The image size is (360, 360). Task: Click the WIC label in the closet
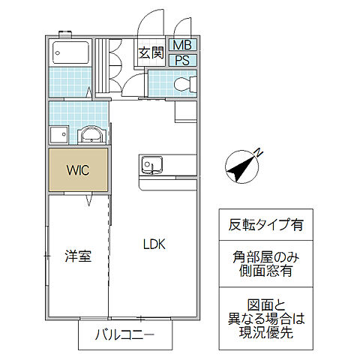[x=78, y=170]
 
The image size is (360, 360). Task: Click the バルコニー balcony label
[x=124, y=335]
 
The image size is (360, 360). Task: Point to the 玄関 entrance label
[x=150, y=52]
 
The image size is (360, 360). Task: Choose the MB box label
[x=181, y=46]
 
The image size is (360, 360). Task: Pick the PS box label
[x=181, y=61]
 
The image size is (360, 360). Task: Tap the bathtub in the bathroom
[x=70, y=55]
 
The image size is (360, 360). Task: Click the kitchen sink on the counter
[x=151, y=163]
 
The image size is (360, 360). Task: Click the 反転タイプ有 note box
[x=256, y=224]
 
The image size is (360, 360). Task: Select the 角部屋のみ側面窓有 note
[x=256, y=264]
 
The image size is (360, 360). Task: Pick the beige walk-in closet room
[x=79, y=170]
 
